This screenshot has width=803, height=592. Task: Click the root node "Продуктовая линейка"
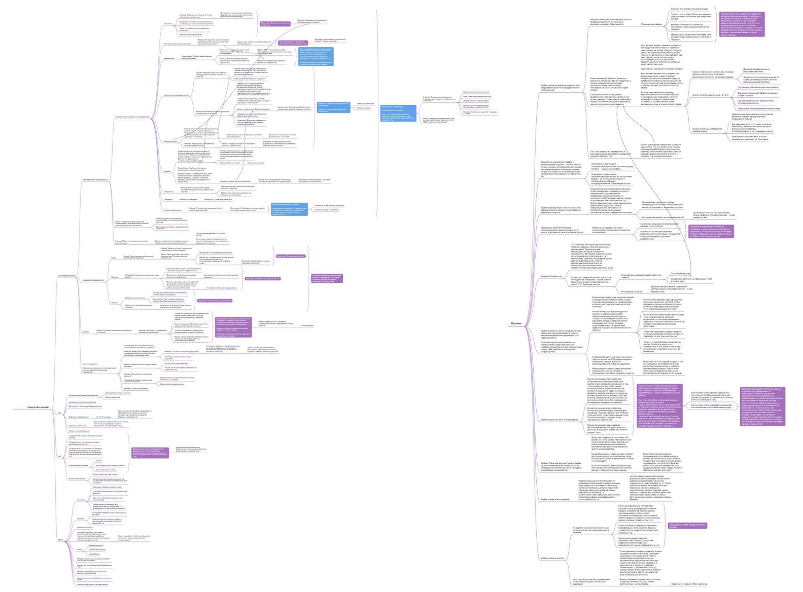[x=38, y=408]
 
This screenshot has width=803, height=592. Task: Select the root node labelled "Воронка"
[x=516, y=323]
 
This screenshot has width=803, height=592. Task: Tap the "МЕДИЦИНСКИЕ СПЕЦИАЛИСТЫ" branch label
[x=95, y=179]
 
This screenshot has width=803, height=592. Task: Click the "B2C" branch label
[x=60, y=413]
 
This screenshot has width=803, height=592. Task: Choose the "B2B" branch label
[x=60, y=456]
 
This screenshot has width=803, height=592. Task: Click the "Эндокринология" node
[x=170, y=141]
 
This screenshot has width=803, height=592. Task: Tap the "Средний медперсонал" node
[x=172, y=210]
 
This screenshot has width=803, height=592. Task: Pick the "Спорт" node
[x=114, y=257]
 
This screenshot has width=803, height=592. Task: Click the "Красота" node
[x=114, y=303]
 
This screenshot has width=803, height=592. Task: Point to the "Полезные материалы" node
[x=652, y=24]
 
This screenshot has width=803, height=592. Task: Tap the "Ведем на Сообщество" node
[x=551, y=276]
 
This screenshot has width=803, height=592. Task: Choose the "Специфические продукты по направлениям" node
[x=132, y=117]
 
